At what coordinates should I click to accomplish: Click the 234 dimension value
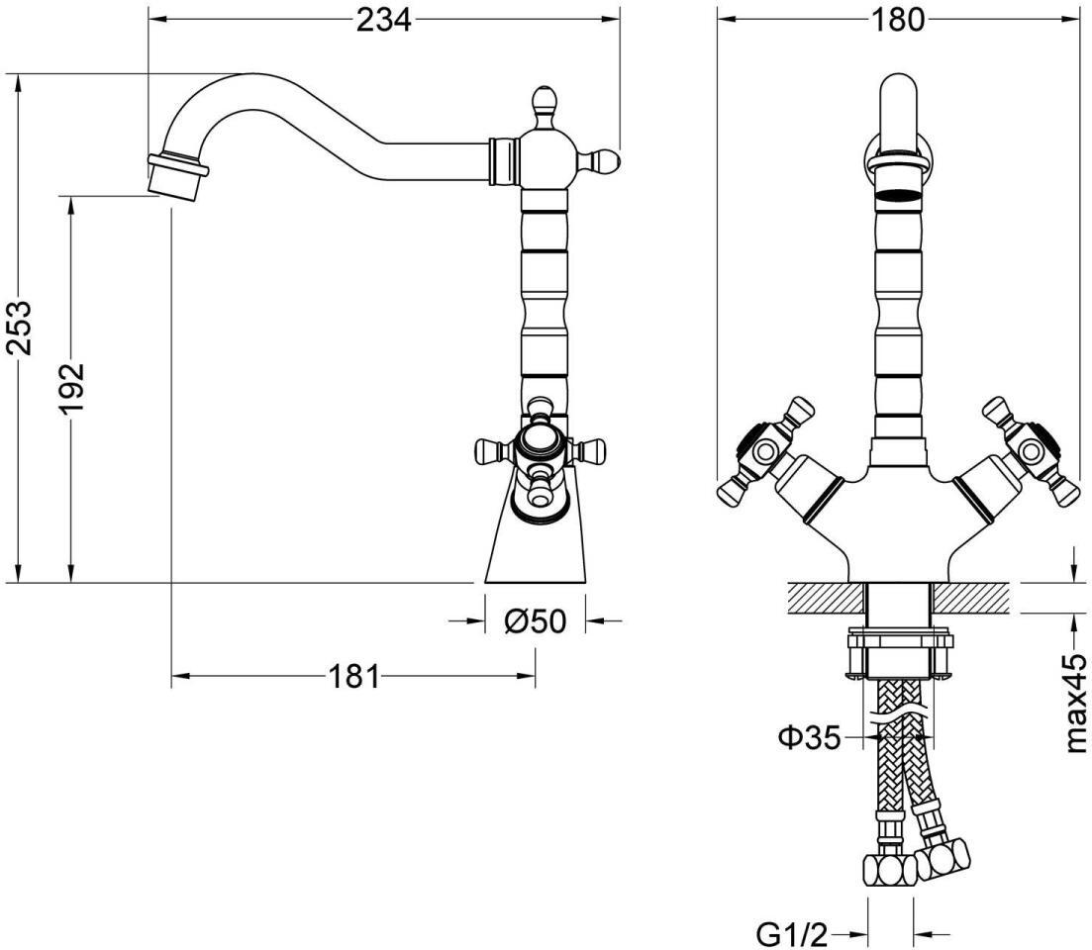point(384,20)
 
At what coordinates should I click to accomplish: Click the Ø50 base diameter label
point(535,620)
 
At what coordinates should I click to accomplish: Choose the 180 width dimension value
point(897,20)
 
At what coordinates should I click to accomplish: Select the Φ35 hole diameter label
point(809,737)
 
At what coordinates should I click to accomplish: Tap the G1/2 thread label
point(793,935)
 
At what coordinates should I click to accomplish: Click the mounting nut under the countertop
point(898,654)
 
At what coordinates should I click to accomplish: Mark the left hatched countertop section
point(826,599)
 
